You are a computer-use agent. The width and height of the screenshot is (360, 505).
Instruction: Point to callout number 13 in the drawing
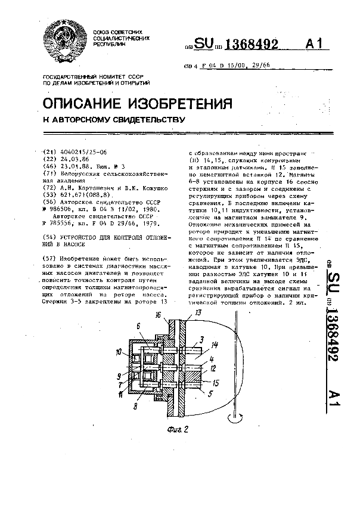pyautogui.click(x=198, y=312)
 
